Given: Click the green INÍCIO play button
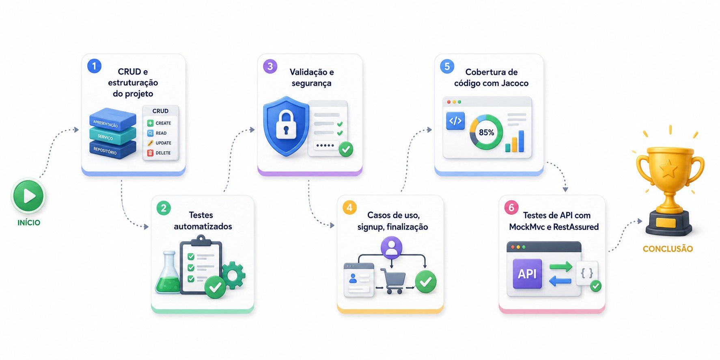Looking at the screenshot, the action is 28,196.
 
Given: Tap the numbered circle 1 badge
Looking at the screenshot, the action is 94,66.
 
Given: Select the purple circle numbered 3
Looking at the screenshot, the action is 270,66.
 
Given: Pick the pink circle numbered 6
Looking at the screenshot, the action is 511,207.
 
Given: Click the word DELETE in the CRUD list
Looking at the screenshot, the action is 163,153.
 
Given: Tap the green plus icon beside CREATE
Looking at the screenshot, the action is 150,123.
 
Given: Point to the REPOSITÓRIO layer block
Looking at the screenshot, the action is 113,150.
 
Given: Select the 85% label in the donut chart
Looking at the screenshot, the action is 486,132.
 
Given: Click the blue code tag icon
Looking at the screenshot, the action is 455,121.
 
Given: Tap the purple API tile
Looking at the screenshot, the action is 527,274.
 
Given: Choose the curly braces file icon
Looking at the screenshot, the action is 587,273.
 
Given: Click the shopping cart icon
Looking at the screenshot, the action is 393,280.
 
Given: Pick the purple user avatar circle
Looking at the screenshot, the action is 391,247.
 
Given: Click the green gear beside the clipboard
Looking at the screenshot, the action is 233,275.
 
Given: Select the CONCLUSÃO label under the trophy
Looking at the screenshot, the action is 668,249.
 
